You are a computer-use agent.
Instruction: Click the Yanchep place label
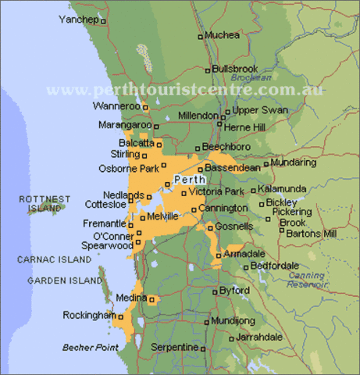79,19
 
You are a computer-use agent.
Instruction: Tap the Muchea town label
222,35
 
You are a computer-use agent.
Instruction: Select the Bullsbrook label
234,69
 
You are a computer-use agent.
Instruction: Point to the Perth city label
191,179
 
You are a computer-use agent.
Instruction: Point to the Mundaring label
293,162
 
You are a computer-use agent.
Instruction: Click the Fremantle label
105,223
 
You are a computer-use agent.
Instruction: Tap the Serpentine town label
173,346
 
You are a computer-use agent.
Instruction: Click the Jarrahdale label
259,337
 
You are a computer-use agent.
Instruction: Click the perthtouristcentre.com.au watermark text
185,90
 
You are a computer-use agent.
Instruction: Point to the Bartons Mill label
312,233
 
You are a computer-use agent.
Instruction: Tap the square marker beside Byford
214,291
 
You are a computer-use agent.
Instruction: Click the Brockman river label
251,78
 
